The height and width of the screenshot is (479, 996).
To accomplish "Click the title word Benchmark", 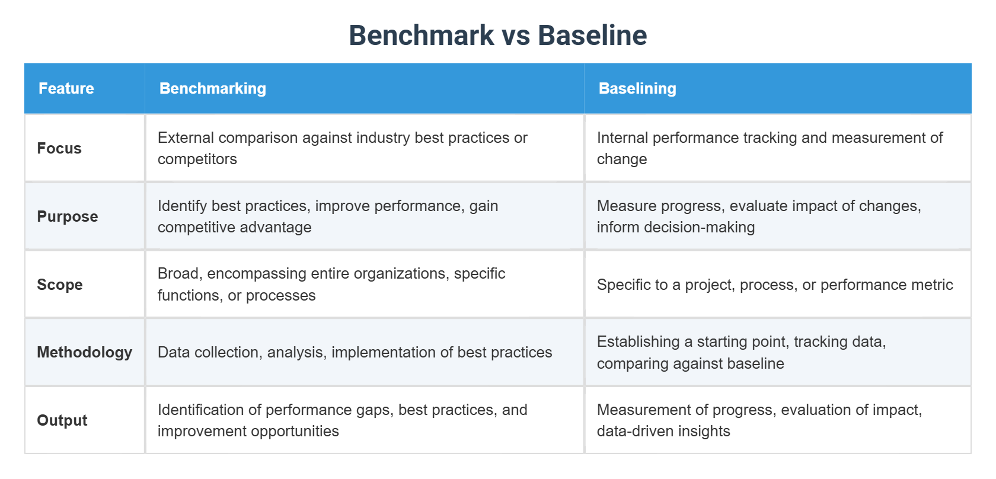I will [x=421, y=35].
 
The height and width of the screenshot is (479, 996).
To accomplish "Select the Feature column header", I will [x=66, y=88].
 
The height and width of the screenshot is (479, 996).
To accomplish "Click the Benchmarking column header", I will [x=212, y=88].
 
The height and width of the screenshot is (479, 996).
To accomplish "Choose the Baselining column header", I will [x=637, y=88].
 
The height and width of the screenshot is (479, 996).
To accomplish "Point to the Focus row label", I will [x=59, y=148].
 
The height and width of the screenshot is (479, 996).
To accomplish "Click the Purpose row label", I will [x=67, y=216].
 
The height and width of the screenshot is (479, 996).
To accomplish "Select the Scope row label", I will [x=59, y=285].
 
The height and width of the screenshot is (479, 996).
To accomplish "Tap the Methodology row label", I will [x=84, y=352].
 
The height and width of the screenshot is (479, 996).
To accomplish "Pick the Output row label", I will [x=62, y=420].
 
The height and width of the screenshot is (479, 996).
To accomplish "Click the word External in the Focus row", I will [x=186, y=138].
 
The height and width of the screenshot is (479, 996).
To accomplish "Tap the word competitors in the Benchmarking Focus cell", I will [x=197, y=159].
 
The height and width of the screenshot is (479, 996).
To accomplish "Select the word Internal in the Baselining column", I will [x=622, y=138].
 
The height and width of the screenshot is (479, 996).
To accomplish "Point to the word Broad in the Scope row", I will [x=177, y=273].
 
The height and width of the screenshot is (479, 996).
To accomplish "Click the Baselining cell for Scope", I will [x=774, y=285].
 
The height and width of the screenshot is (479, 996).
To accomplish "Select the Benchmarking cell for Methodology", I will [x=355, y=352].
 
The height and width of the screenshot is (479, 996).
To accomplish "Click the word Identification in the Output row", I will [x=199, y=410].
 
